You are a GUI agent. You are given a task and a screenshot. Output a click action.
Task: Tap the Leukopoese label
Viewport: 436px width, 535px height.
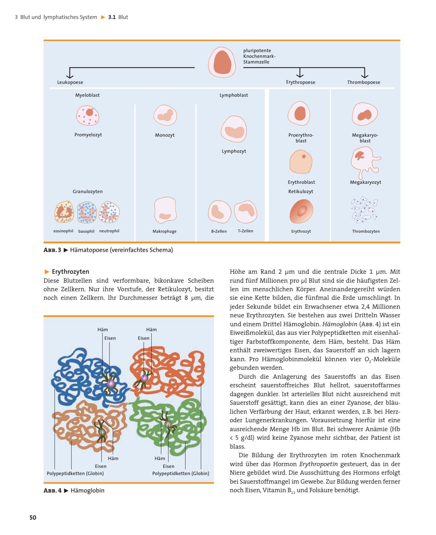pyautogui.click(x=70, y=82)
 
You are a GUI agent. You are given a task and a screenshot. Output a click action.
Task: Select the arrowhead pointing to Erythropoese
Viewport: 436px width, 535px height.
pyautogui.click(x=300, y=75)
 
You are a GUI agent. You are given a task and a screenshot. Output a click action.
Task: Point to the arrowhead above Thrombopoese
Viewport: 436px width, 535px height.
pyautogui.click(x=364, y=75)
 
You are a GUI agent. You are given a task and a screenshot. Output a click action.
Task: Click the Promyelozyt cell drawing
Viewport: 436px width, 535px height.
pyautogui.click(x=88, y=115)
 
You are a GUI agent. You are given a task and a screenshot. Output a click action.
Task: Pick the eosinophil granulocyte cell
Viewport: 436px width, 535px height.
pyautogui.click(x=64, y=212)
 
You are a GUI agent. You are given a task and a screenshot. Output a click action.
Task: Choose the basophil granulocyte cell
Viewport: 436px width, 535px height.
pyautogui.click(x=87, y=212)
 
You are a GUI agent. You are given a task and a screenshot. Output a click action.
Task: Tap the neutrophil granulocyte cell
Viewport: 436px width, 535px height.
pyautogui.click(x=110, y=212)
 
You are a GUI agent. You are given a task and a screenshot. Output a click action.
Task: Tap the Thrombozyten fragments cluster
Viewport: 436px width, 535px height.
pyautogui.click(x=364, y=208)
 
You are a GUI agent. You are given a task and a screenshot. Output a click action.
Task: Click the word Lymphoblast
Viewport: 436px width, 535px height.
pyautogui.click(x=234, y=95)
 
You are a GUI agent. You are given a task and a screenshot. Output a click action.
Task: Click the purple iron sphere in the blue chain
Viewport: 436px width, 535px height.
pyautogui.click(x=111, y=384)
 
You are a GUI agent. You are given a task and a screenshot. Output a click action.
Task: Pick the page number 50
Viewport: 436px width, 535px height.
pyautogui.click(x=33, y=518)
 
